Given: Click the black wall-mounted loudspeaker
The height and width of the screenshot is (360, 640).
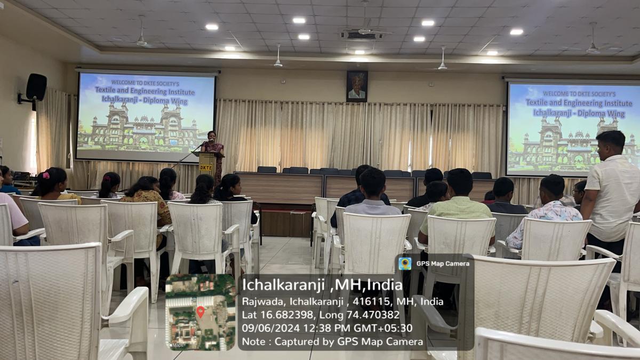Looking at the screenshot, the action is coord(37,87).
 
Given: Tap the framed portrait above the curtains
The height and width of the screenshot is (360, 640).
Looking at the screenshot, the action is coord(357,86).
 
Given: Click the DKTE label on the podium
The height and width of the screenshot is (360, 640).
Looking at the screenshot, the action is coord(206,167).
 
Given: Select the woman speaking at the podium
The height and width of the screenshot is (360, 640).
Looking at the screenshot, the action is coord(213,156).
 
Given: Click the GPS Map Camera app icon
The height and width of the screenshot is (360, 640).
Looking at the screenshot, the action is coord(405,263).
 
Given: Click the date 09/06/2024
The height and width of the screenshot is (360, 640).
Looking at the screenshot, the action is coord(271,327).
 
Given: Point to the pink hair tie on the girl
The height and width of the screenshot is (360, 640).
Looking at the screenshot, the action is coord(46,175).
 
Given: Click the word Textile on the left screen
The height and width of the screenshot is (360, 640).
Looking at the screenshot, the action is coord(107,90).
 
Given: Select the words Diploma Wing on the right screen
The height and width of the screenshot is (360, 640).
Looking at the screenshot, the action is coord(601,114).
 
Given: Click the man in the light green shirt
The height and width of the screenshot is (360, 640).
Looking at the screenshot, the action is coord(457,209).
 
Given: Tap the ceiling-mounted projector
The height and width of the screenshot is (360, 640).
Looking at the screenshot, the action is coord(362,35).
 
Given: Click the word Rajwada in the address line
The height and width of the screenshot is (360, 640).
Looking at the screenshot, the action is coord(265,301).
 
